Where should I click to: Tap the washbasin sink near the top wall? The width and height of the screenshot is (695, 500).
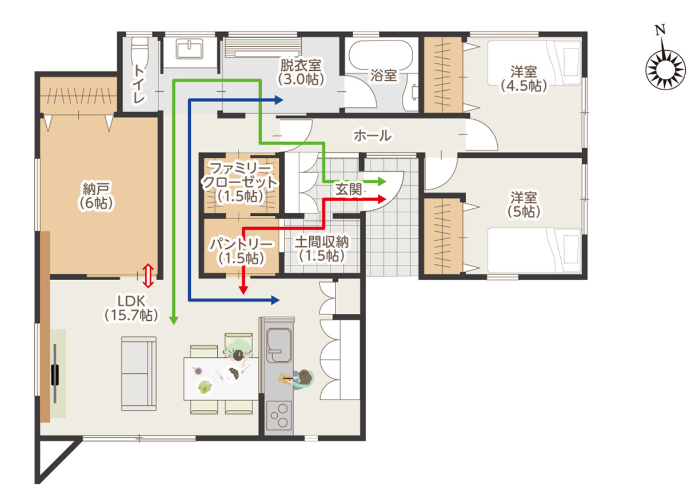189,49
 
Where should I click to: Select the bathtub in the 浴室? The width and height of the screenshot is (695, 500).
381,55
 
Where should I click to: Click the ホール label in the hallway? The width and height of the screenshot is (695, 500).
373,136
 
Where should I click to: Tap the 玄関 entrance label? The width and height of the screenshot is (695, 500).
349,189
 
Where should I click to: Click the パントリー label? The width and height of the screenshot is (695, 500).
241,244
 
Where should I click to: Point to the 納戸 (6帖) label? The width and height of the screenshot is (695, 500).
96,195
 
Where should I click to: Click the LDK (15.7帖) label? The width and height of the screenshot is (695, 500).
131,308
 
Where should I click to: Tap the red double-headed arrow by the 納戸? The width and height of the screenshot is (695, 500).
148,276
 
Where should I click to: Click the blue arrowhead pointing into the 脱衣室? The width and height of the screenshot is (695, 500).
278,100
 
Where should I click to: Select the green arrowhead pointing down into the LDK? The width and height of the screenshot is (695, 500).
174,320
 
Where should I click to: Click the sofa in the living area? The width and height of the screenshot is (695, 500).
139,374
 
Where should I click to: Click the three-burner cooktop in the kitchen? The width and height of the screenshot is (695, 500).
279,415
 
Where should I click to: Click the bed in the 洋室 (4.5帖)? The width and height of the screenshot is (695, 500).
534,63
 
